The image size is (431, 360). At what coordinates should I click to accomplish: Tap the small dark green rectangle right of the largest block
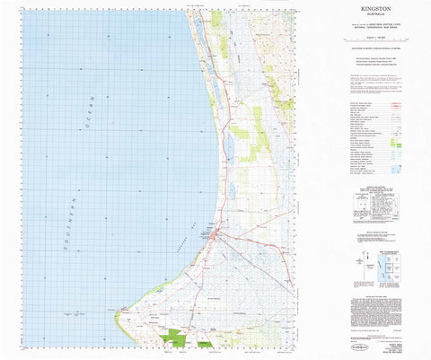[205, 344]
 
